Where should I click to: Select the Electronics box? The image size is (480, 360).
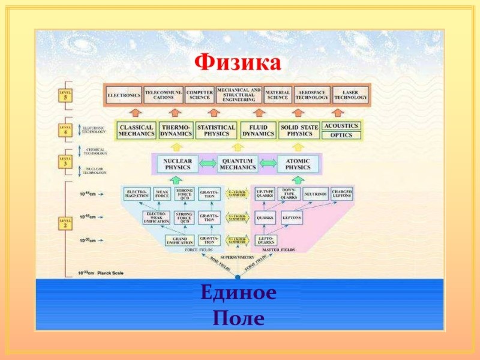click(124, 95)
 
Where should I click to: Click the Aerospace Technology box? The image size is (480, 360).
click(312, 95)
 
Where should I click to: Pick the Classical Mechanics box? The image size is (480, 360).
click(137, 130)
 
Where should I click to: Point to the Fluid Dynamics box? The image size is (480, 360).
click(258, 130)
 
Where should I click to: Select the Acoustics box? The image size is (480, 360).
click(341, 126)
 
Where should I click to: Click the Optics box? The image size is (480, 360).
click(341, 136)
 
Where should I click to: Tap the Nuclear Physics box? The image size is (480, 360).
click(178, 164)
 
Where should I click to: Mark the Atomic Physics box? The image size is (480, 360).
click(298, 164)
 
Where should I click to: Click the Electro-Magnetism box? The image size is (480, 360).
click(136, 194)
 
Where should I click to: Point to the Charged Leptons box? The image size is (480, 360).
click(342, 194)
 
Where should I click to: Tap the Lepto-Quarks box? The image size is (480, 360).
click(266, 241)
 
